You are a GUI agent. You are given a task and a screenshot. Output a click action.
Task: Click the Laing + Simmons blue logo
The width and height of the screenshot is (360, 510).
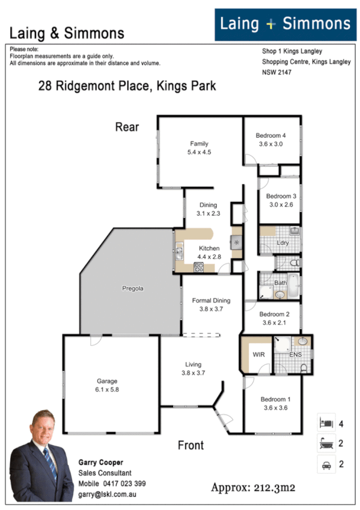tap(285, 25)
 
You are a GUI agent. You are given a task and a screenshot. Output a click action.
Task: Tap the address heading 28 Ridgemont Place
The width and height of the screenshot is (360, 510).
tap(127, 87)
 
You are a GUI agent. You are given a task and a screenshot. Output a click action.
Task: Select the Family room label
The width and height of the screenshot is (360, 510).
tap(199, 144)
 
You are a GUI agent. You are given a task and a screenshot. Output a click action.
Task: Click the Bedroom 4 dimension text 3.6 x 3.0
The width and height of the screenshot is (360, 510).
tap(270, 144)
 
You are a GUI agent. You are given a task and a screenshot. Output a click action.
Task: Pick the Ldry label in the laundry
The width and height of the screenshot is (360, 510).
tap(282, 244)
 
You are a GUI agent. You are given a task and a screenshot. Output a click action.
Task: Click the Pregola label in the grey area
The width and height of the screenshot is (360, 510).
tap(132, 289)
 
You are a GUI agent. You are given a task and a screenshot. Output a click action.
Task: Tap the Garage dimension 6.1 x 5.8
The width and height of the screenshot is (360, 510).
tap(108, 390)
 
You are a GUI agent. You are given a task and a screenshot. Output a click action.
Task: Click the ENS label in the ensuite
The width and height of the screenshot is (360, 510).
tap(295, 355)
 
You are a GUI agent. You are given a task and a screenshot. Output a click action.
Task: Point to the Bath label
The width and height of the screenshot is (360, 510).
tap(280, 283)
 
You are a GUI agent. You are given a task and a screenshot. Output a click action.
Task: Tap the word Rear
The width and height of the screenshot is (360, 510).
tap(127, 127)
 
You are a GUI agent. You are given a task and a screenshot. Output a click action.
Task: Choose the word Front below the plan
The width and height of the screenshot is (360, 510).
tap(191, 446)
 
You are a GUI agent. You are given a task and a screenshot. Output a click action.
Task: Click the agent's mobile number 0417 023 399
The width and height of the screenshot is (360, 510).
tap(126, 483)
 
